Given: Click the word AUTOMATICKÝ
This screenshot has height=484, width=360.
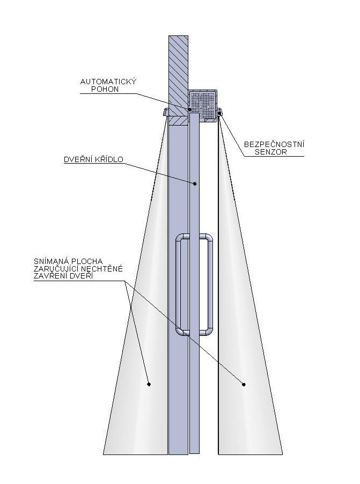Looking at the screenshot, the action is click(x=108, y=82).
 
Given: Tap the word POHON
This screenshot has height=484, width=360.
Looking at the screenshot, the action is click(x=105, y=89).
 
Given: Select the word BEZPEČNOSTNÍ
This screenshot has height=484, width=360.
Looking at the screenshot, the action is click(x=274, y=144).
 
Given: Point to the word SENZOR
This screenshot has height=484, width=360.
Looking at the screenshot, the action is click(x=271, y=152).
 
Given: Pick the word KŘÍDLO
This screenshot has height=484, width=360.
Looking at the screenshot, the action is click(x=109, y=159).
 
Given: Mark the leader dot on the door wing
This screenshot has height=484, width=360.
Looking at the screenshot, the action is click(x=195, y=184).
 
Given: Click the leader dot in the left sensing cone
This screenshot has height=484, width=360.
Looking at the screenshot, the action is click(x=149, y=384).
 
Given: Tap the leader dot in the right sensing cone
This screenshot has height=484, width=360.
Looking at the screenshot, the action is click(x=244, y=384).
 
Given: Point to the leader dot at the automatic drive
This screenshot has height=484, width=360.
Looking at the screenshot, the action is click(x=190, y=109).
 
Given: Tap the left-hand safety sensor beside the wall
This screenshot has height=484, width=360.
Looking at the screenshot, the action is click(x=165, y=112).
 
